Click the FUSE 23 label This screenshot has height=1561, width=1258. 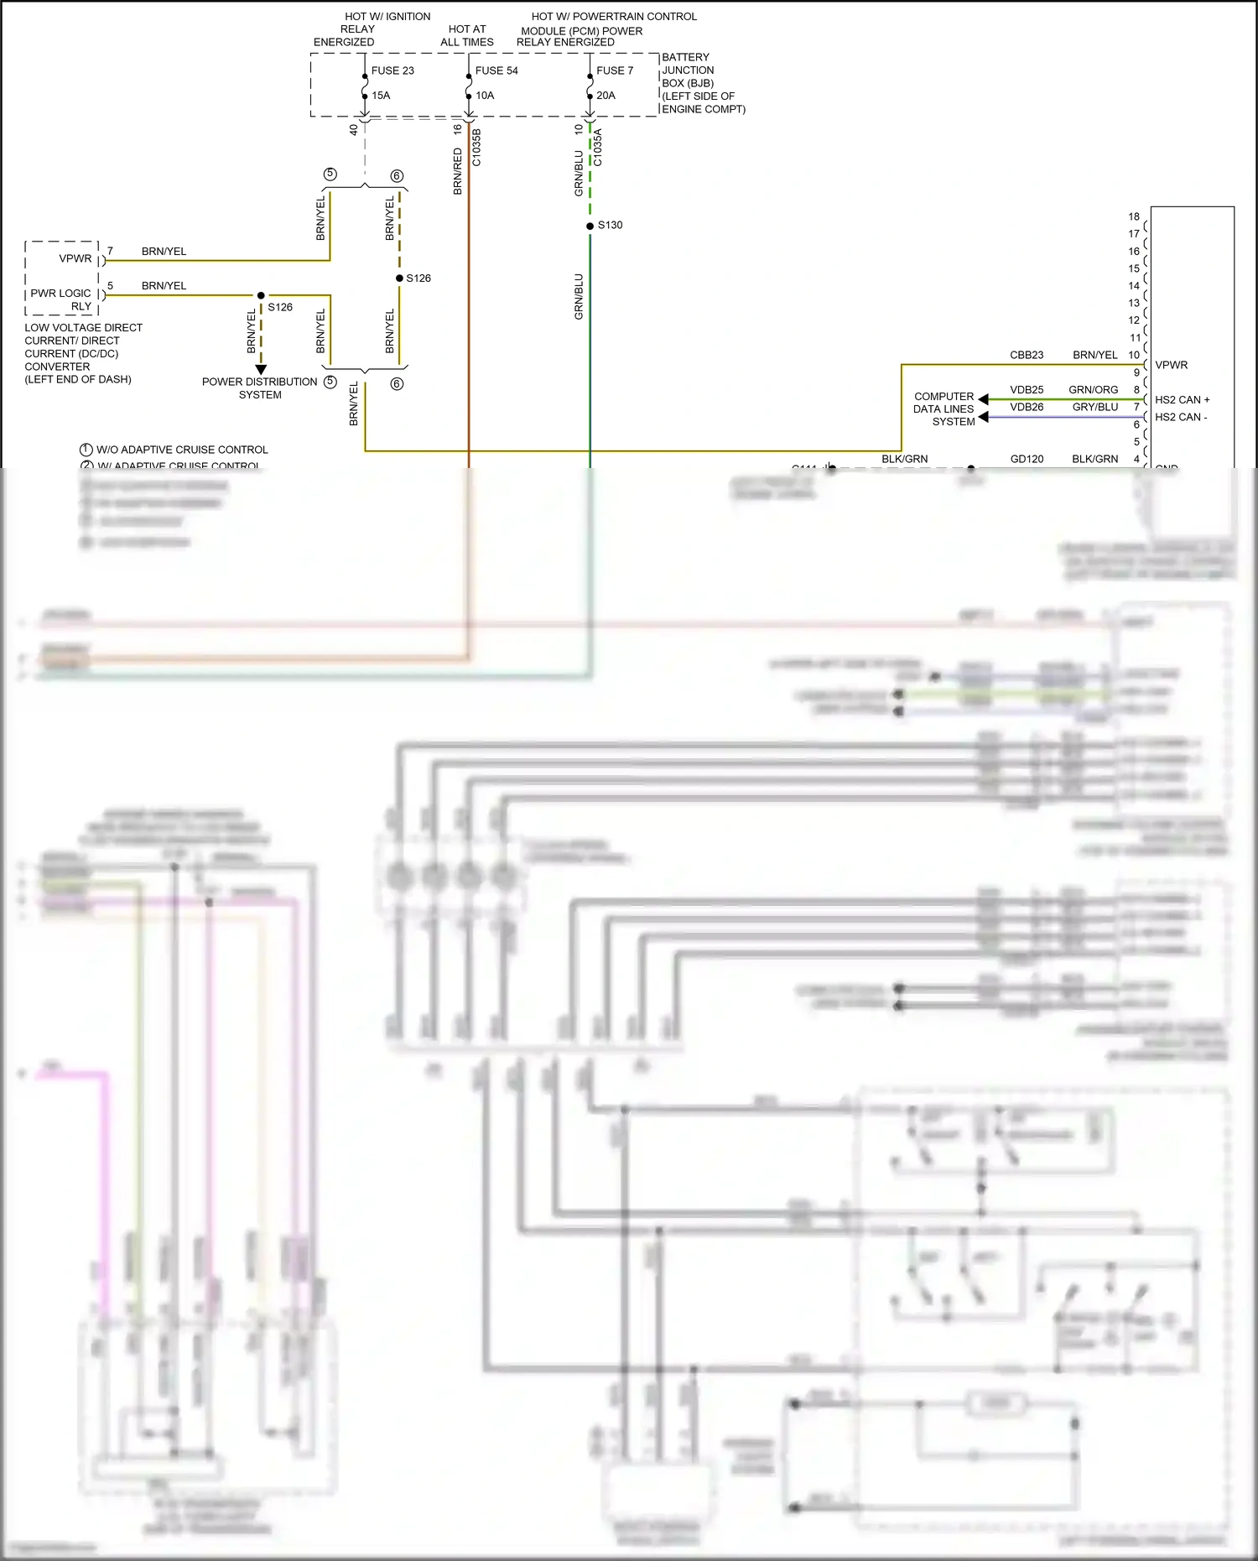click(392, 70)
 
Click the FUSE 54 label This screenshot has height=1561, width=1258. click(496, 70)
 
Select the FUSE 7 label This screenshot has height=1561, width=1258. click(615, 70)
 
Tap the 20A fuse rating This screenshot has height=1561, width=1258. click(606, 96)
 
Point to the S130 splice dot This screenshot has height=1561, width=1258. click(590, 226)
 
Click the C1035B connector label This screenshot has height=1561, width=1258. click(477, 147)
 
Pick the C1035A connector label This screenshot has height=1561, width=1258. click(598, 147)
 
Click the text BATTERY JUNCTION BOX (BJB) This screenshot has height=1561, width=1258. click(688, 70)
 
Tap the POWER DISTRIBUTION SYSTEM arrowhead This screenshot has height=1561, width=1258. click(261, 369)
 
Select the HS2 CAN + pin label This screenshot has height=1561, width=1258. click(1182, 400)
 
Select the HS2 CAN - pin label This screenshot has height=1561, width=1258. click(1180, 417)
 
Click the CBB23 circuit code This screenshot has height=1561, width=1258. click(1027, 355)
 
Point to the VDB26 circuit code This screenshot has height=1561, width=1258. click(1027, 407)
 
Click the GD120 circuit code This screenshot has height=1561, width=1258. click(1027, 459)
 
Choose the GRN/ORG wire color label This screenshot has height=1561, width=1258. click(1093, 390)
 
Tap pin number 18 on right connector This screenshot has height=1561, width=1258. click(1134, 216)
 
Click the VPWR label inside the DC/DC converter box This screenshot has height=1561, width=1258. click(75, 258)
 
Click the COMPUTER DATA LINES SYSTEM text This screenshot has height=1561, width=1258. click(944, 409)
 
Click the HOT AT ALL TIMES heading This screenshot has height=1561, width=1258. click(467, 35)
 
